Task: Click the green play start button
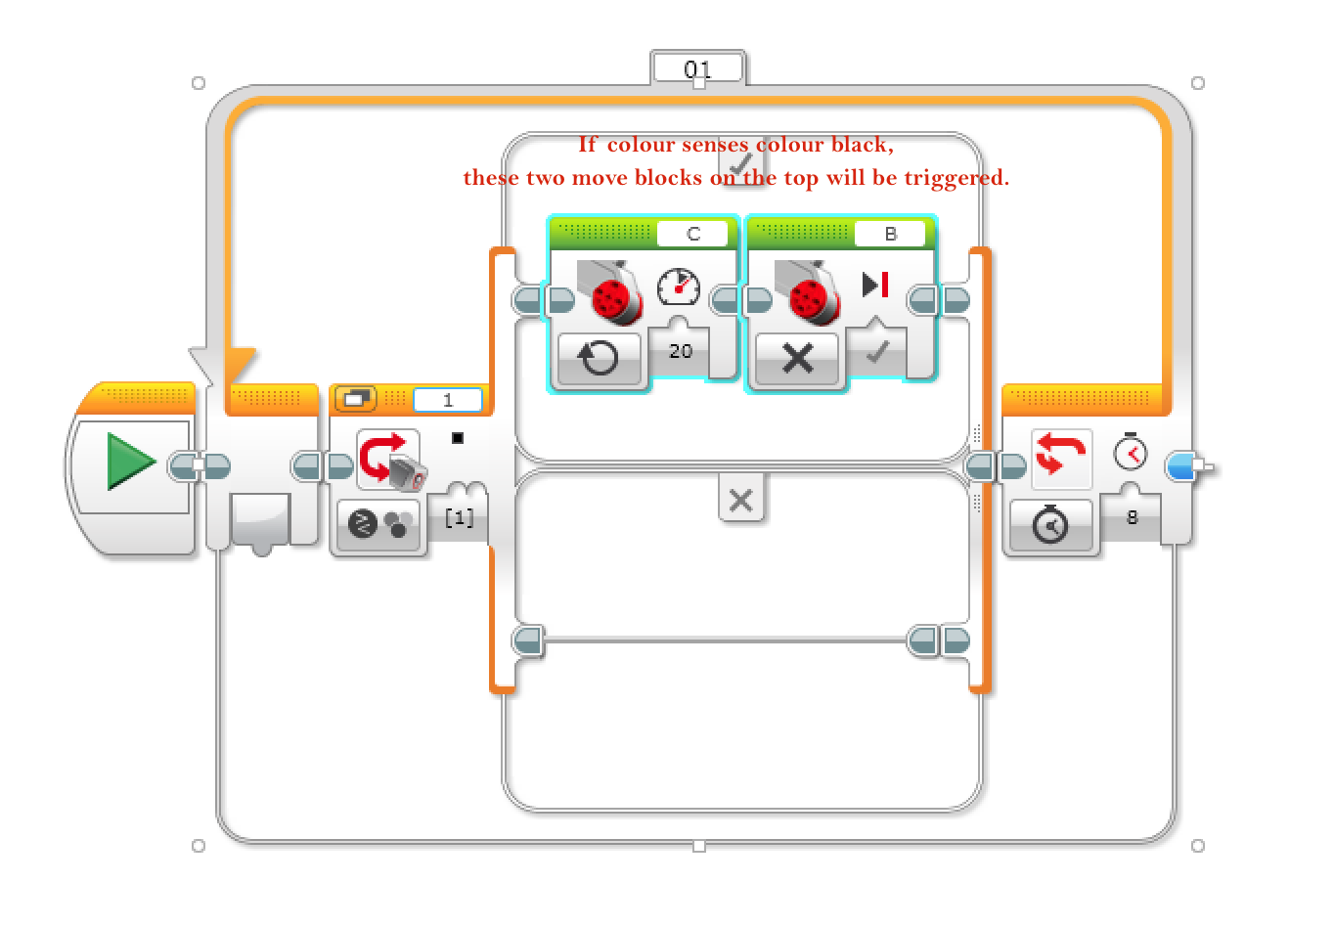pyautogui.click(x=131, y=462)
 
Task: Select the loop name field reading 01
pyautogui.click(x=697, y=69)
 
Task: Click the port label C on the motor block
pyautogui.click(x=692, y=234)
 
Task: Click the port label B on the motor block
pyautogui.click(x=890, y=234)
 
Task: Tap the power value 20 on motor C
pyautogui.click(x=681, y=351)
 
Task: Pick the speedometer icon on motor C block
pyautogui.click(x=679, y=287)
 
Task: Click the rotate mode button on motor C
pyautogui.click(x=599, y=358)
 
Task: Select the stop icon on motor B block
pyautogui.click(x=875, y=285)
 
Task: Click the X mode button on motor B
pyautogui.click(x=797, y=358)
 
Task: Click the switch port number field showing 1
pyautogui.click(x=447, y=400)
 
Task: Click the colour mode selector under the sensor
pyautogui.click(x=378, y=525)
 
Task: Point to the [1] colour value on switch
pyautogui.click(x=459, y=517)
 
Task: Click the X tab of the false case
pyautogui.click(x=740, y=500)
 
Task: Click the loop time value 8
pyautogui.click(x=1132, y=517)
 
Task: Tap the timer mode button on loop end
pyautogui.click(x=1049, y=526)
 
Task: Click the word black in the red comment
pyautogui.click(x=859, y=145)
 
